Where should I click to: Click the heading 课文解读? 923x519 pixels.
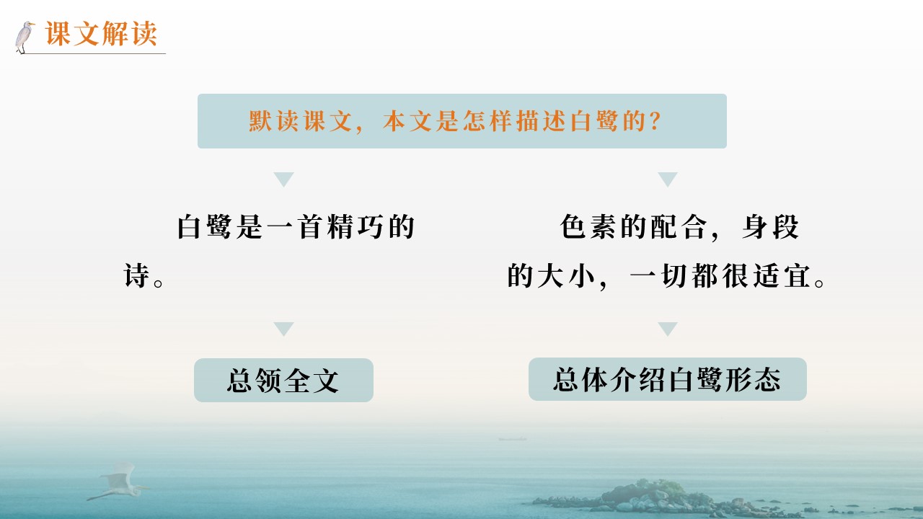pos(101,33)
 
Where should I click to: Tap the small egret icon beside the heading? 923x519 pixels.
pos(25,37)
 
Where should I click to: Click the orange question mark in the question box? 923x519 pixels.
pos(655,121)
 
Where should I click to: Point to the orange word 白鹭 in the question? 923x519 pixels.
pos(593,121)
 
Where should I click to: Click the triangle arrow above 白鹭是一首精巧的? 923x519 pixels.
pos(283,179)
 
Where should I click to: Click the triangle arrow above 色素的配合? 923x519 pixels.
pos(668,179)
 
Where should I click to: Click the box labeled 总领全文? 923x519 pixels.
pos(283,380)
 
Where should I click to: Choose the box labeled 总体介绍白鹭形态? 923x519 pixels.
pos(668,379)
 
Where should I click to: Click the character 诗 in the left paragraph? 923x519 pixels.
pos(136,275)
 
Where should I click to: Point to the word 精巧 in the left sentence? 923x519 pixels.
pos(356,226)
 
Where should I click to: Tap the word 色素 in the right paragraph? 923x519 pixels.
pos(589,226)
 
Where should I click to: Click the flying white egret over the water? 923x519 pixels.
pos(118,482)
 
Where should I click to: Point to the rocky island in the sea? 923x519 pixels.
pos(668,497)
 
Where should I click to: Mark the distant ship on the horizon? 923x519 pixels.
pos(512,439)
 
